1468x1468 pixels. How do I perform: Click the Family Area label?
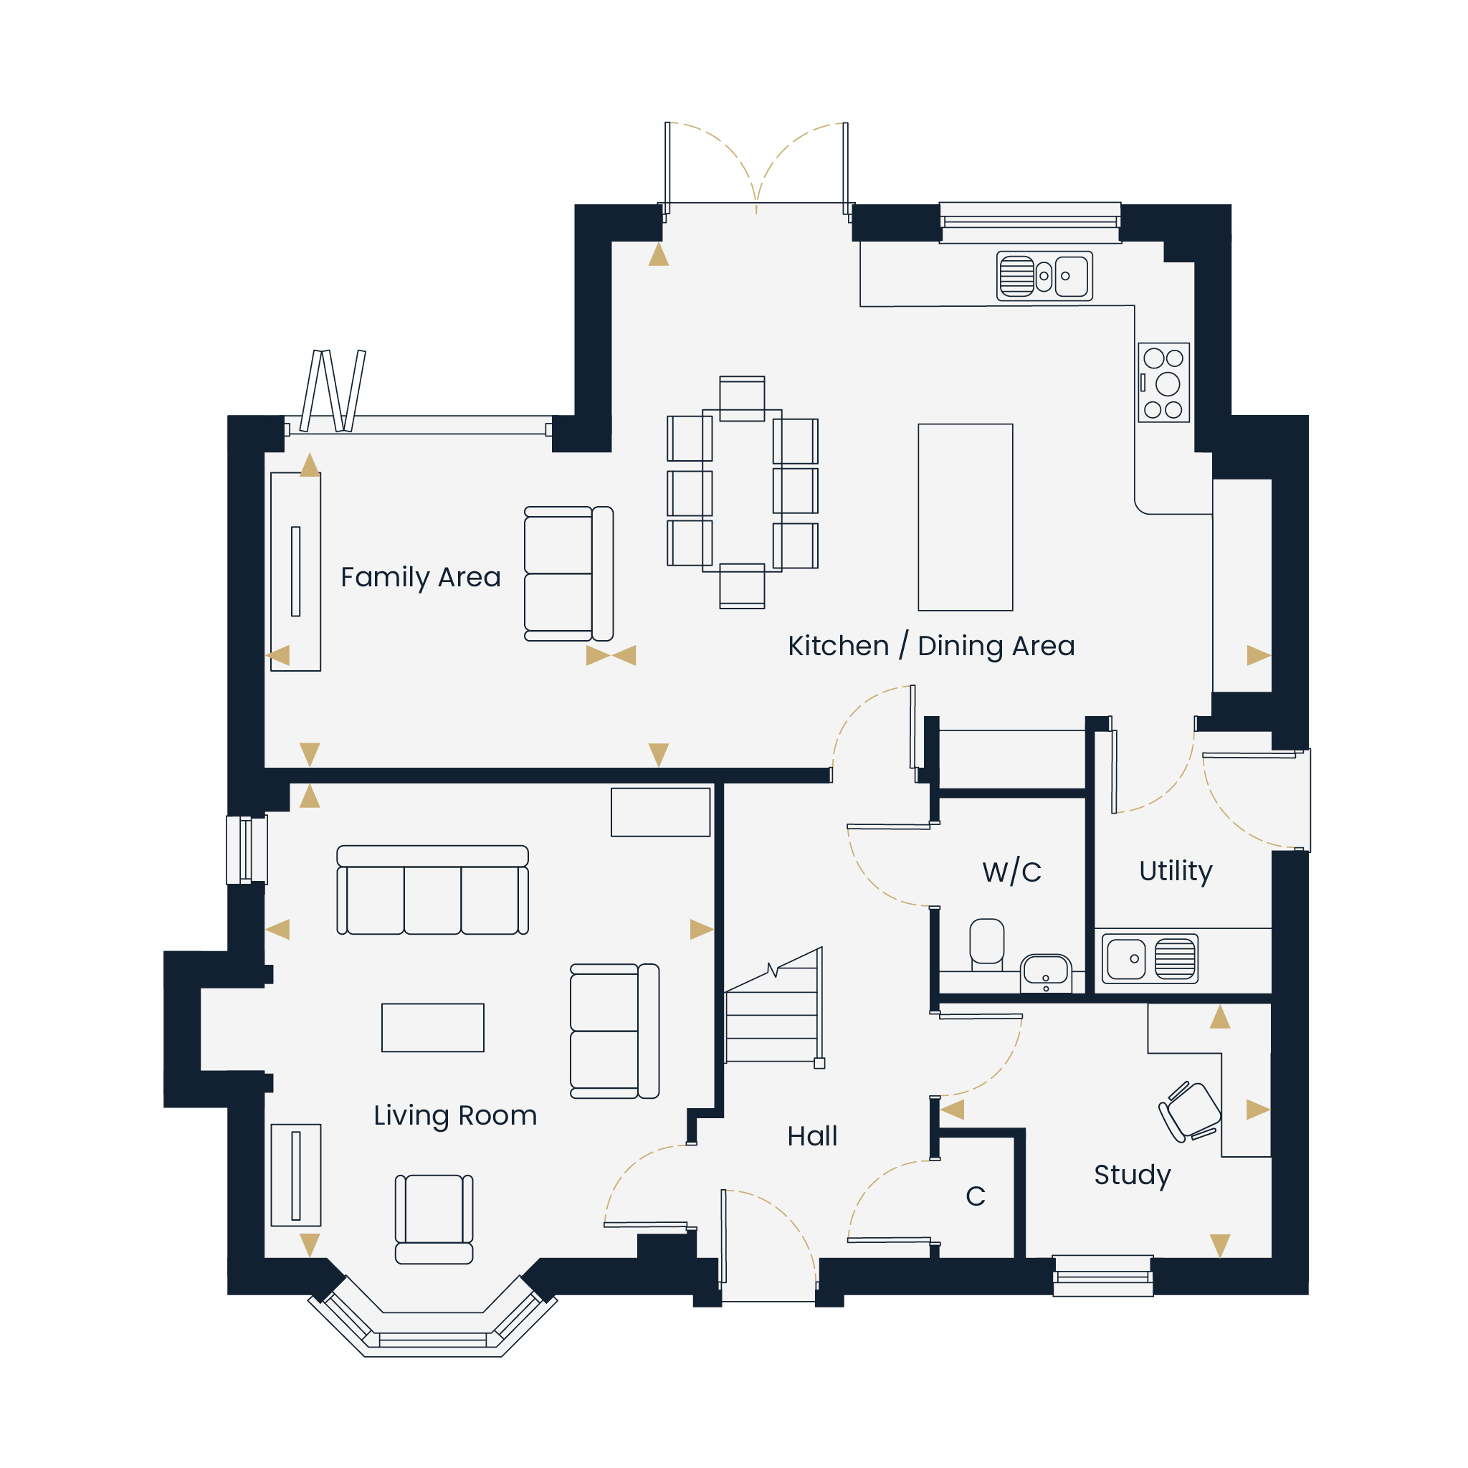point(420,578)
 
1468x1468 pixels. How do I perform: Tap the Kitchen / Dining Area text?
point(932,646)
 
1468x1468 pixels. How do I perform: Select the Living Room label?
point(455,1116)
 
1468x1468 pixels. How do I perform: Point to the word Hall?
point(812,1136)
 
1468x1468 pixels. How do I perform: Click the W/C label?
point(1011,872)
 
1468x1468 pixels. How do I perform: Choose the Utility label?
point(1176,871)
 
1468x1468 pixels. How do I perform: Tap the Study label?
point(1132,1176)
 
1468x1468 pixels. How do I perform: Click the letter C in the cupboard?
point(976,1196)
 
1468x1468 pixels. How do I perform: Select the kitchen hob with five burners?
point(1163,382)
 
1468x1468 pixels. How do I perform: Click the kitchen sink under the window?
point(1045,276)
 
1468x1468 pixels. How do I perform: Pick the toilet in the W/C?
point(987,945)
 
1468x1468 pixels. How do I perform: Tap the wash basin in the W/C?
point(1047,973)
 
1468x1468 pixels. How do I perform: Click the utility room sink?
point(1150,959)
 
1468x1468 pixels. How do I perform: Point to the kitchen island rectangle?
point(965,518)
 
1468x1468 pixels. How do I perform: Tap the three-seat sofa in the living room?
point(432,890)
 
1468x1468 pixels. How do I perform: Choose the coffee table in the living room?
point(432,1028)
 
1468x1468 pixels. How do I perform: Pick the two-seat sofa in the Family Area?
point(568,573)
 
